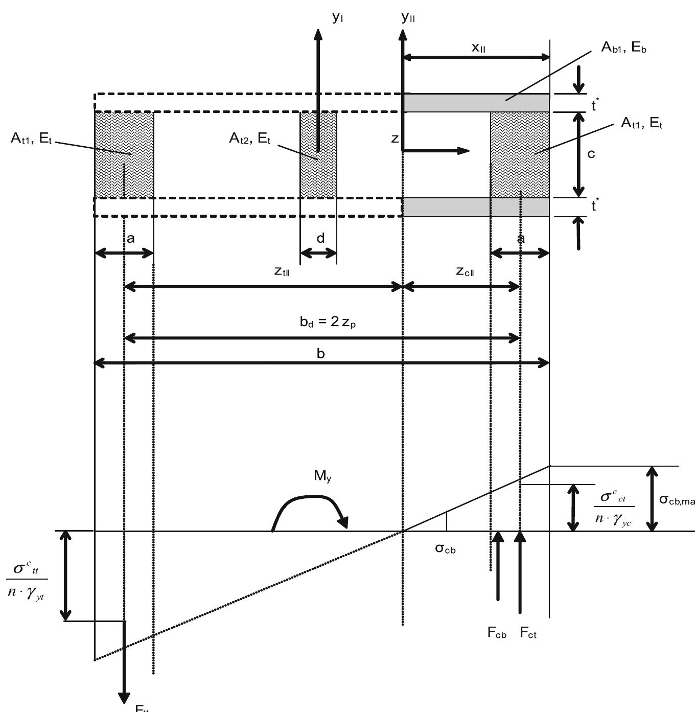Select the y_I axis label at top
[x=338, y=18]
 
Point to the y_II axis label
[x=408, y=18]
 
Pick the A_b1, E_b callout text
[x=624, y=48]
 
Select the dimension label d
[x=320, y=238]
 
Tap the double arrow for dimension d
[x=318, y=253]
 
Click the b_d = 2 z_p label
[x=327, y=323]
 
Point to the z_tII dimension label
[x=283, y=271]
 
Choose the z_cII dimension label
[x=465, y=271]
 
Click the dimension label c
[x=591, y=153]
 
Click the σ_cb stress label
[x=445, y=549]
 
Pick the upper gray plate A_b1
[x=476, y=103]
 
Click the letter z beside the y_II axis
[x=395, y=139]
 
